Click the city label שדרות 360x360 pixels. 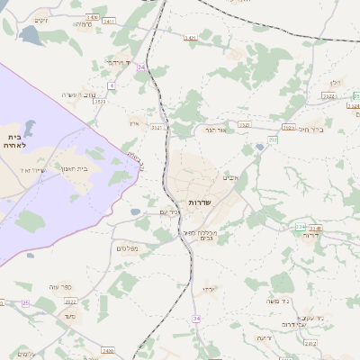click(x=200, y=202)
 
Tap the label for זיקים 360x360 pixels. click(x=40, y=21)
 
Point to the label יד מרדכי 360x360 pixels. click(x=118, y=62)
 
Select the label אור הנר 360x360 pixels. click(x=221, y=131)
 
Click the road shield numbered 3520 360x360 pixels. click(x=99, y=102)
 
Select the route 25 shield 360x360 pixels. click(x=26, y=303)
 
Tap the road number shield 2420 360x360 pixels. click(x=108, y=350)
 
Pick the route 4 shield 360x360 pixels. click(x=112, y=85)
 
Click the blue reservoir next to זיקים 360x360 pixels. click(x=30, y=36)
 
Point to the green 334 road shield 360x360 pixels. click(x=313, y=228)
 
